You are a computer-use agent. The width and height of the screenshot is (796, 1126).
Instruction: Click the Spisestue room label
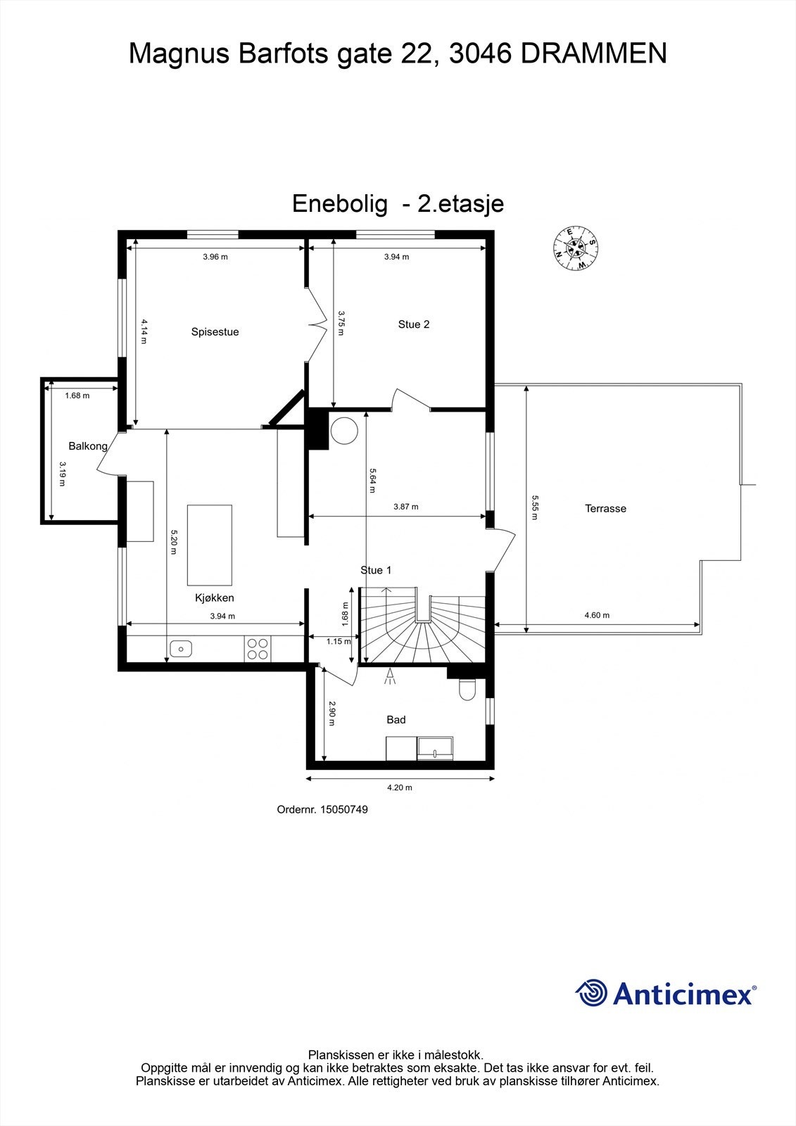pyautogui.click(x=215, y=332)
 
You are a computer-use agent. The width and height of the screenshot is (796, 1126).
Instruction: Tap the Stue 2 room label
pyautogui.click(x=414, y=324)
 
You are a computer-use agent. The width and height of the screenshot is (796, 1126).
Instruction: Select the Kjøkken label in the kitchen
pyautogui.click(x=215, y=598)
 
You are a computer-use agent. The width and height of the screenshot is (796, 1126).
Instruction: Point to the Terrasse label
pyautogui.click(x=605, y=508)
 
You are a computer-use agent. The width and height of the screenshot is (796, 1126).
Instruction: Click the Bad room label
pyautogui.click(x=396, y=720)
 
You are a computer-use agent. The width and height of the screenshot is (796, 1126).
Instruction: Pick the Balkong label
pyautogui.click(x=88, y=446)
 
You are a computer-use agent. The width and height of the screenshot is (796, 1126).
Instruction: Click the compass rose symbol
pyautogui.click(x=576, y=248)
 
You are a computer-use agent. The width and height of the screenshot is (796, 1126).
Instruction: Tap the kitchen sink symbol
pyautogui.click(x=181, y=648)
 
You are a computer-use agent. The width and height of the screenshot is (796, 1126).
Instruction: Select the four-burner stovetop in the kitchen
pyautogui.click(x=258, y=648)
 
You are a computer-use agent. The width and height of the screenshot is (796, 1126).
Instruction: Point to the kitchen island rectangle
pyautogui.click(x=209, y=545)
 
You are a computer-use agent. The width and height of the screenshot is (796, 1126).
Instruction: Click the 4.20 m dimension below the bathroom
pyautogui.click(x=400, y=787)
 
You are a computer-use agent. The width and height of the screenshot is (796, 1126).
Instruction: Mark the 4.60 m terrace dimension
pyautogui.click(x=597, y=615)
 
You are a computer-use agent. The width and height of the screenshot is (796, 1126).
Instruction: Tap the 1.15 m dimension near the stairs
pyautogui.click(x=339, y=641)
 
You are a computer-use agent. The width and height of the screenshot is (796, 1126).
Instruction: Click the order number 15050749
pyautogui.click(x=343, y=810)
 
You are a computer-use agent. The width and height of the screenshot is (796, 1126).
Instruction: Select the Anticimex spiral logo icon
pyautogui.click(x=591, y=993)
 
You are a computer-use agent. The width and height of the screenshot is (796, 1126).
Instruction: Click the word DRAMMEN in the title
pyautogui.click(x=593, y=54)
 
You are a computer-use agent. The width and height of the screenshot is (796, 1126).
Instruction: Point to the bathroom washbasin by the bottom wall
pyautogui.click(x=435, y=749)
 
